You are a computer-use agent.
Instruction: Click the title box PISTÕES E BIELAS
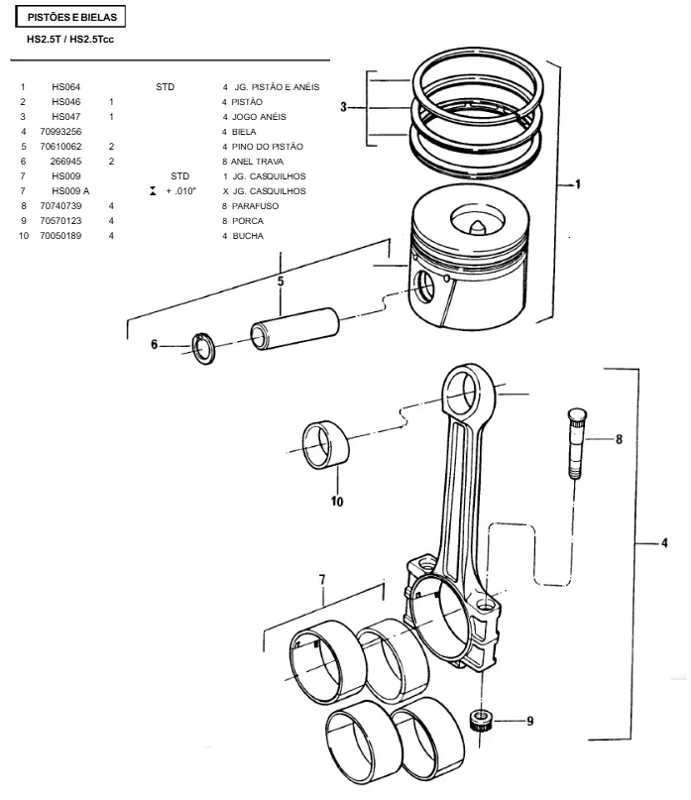(x=71, y=17)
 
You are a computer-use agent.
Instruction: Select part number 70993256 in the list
(x=60, y=132)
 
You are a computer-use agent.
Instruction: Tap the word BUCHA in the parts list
(x=248, y=236)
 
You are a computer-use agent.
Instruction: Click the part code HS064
(x=65, y=87)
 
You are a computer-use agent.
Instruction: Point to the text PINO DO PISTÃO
(x=268, y=147)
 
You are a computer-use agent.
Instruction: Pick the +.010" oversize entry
(x=180, y=191)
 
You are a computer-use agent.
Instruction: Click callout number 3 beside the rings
(x=343, y=107)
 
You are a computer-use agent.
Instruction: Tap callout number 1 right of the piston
(x=578, y=184)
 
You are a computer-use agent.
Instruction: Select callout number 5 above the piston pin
(x=281, y=282)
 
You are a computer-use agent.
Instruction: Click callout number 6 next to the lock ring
(x=154, y=344)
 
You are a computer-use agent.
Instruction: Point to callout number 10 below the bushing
(x=337, y=502)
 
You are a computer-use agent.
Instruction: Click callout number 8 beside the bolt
(x=619, y=439)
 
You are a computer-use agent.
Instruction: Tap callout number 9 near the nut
(x=530, y=721)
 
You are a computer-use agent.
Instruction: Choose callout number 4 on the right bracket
(x=664, y=543)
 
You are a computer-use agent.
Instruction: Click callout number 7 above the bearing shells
(x=322, y=580)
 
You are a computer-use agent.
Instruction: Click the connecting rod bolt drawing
(x=576, y=443)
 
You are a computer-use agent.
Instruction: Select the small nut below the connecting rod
(x=480, y=720)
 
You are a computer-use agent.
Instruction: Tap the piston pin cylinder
(x=295, y=328)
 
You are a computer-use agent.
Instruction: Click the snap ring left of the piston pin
(x=203, y=349)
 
